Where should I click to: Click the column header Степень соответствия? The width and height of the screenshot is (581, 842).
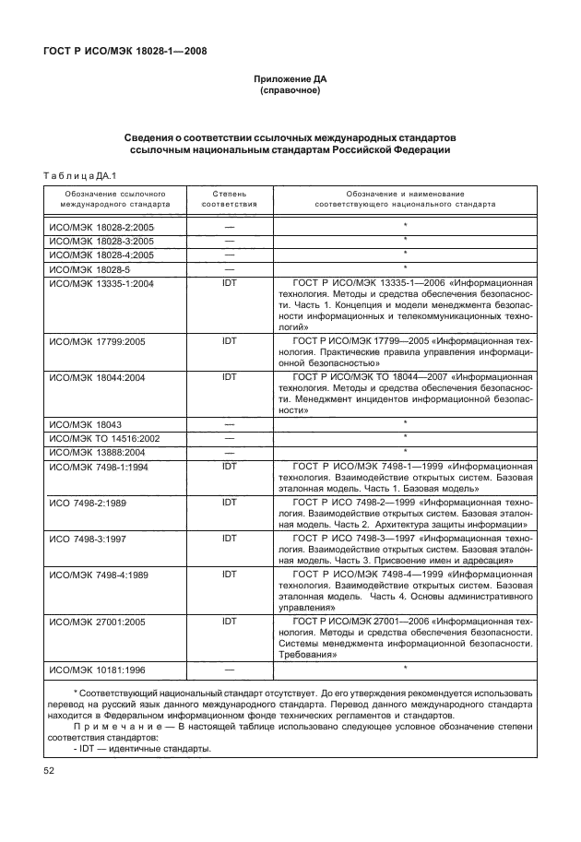229,198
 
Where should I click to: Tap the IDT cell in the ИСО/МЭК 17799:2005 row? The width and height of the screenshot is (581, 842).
229,341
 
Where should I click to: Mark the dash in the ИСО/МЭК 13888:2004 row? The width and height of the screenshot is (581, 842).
229,452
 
